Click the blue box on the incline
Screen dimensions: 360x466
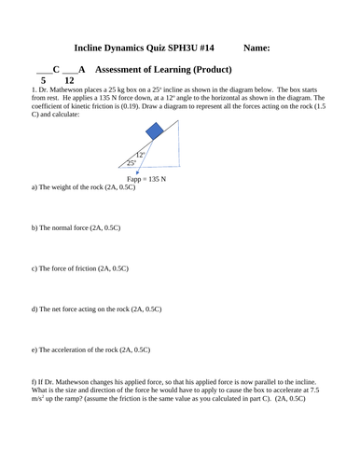[168, 133]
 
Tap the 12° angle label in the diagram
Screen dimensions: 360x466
[140, 155]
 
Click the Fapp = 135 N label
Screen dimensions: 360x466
[145, 178]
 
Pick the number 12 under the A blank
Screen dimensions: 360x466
[68, 81]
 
